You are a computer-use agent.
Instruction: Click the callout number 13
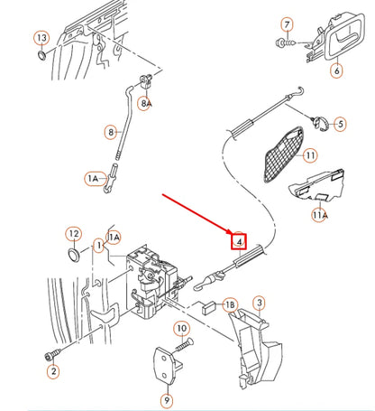pyautogui.click(x=41, y=38)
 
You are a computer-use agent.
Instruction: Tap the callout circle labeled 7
pyautogui.click(x=288, y=23)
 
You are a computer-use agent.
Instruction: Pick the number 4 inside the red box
pyautogui.click(x=239, y=241)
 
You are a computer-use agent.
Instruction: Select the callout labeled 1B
pyautogui.click(x=229, y=305)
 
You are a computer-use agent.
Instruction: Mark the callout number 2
pyautogui.click(x=52, y=371)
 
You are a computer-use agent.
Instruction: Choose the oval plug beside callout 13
pyautogui.click(x=41, y=59)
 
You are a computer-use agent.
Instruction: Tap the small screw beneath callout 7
pyautogui.click(x=282, y=42)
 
